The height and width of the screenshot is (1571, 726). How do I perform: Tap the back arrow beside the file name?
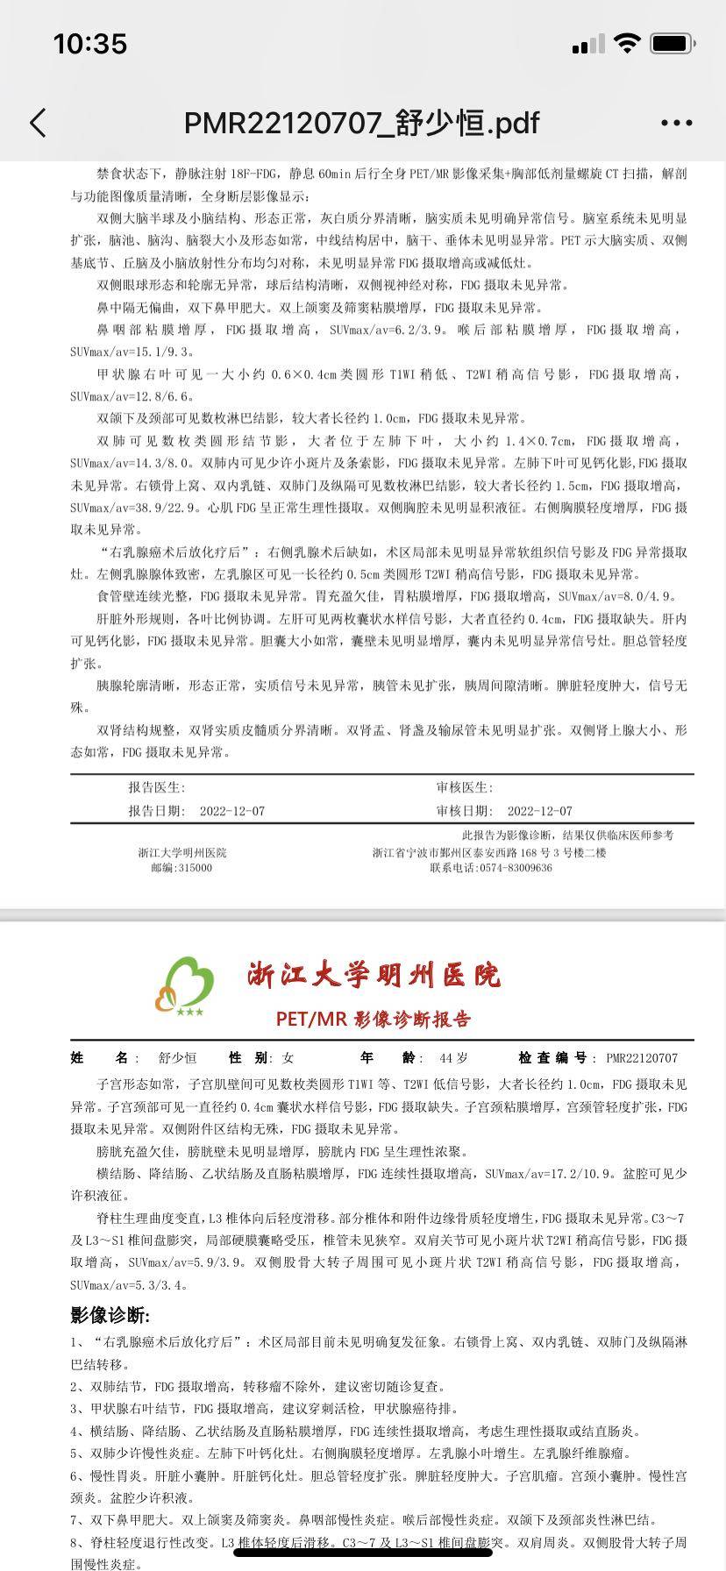pos(38,123)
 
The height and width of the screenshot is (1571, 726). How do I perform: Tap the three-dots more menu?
pos(676,124)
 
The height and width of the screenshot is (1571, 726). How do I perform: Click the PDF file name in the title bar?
pos(361,123)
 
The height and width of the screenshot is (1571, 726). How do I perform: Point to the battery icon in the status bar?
pos(673,43)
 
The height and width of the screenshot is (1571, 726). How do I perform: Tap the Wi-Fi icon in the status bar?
pos(626,43)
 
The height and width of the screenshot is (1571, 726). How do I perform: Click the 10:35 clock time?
pos(90,44)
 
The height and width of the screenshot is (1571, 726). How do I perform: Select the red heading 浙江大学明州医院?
pos(374,974)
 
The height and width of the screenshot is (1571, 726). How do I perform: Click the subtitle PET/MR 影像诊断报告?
pos(374,1019)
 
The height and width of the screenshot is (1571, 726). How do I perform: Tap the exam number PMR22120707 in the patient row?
pos(642,1058)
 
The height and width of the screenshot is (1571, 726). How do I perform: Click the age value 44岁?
pos(453,1058)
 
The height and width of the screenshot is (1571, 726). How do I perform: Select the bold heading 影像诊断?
pos(110,1315)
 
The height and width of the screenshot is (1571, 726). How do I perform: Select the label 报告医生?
pos(157,788)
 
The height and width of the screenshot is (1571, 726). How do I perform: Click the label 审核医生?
pos(465,788)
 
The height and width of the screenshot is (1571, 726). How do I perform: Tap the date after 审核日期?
pos(539,811)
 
